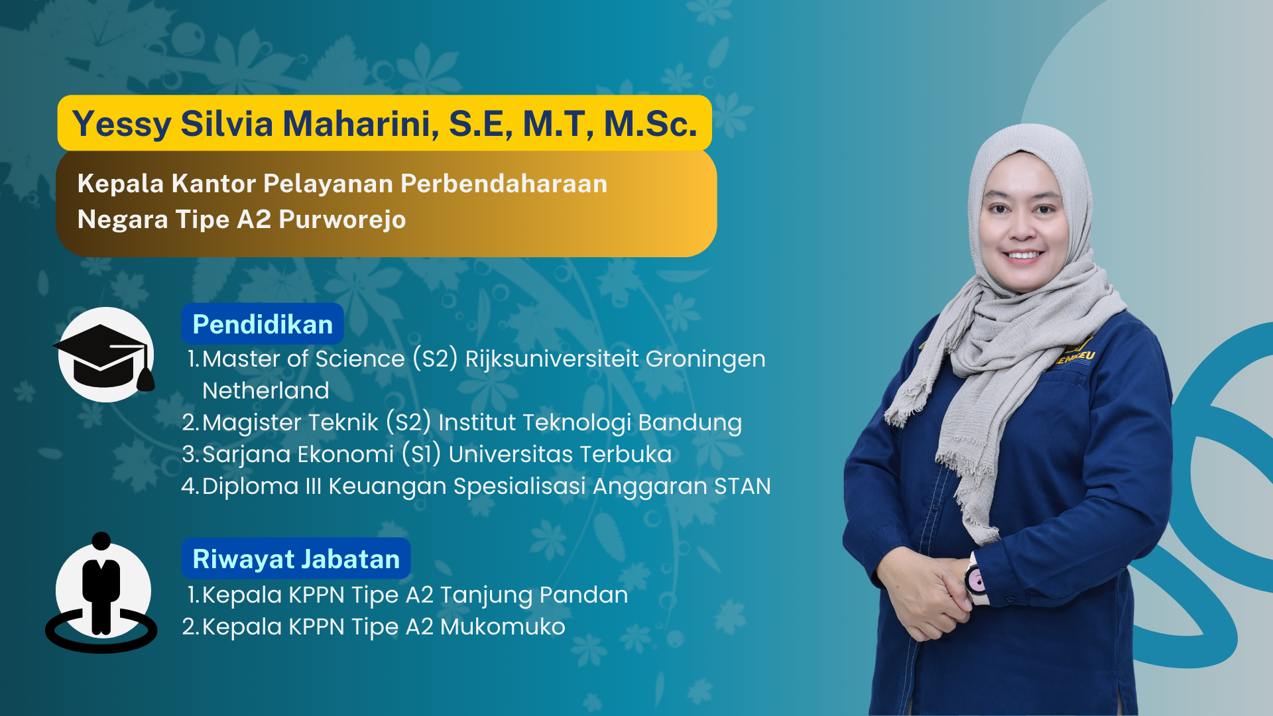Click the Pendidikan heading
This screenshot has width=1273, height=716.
(263, 324)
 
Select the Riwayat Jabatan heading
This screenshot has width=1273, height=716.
(296, 559)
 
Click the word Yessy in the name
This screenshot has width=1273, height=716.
(122, 124)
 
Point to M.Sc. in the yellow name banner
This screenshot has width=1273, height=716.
(650, 123)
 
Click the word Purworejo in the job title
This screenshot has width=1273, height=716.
(342, 219)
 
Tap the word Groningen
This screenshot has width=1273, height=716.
(705, 359)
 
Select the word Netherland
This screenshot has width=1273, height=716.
(265, 390)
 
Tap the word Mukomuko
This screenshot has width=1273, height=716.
(503, 626)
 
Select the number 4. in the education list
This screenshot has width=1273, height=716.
(190, 486)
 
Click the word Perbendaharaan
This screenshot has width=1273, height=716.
(504, 184)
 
